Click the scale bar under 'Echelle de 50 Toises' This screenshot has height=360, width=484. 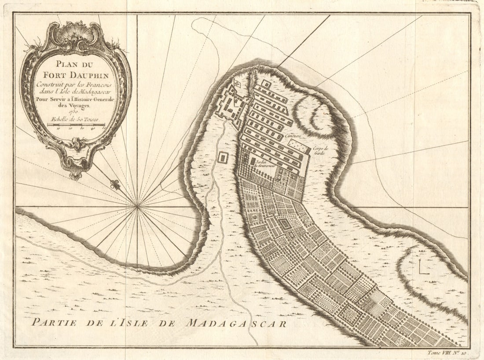(76, 125)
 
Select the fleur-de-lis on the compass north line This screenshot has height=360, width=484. (116, 185)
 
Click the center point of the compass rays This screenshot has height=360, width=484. (138, 206)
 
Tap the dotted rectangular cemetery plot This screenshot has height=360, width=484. (299, 147)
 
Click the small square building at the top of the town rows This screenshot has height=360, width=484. (266, 83)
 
